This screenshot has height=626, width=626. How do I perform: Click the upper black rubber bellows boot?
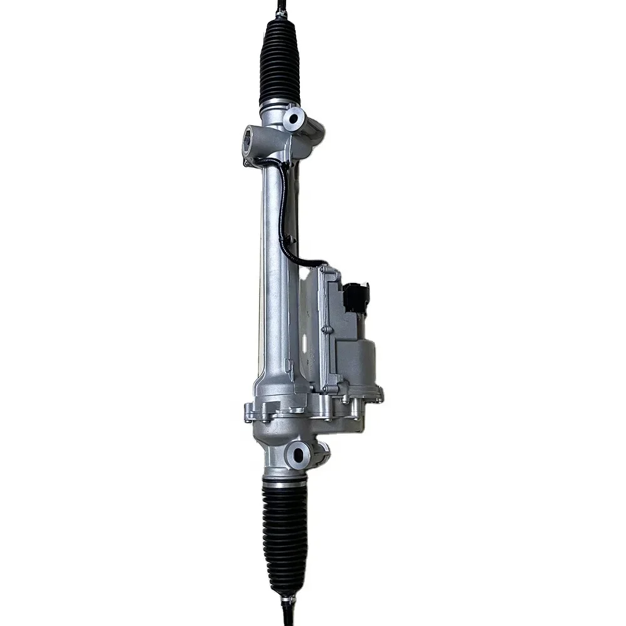279,63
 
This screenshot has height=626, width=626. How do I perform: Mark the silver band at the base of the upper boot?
279,104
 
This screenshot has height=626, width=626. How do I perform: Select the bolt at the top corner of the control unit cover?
323,270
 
